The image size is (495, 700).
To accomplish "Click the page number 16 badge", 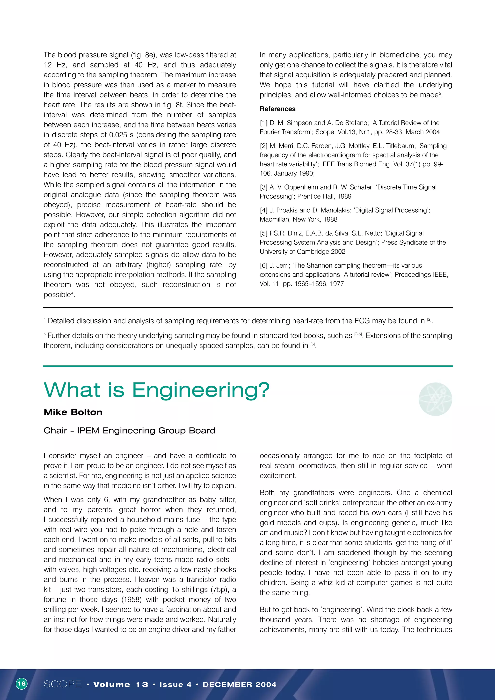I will point(21,683).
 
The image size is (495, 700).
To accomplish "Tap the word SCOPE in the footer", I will point(63,684).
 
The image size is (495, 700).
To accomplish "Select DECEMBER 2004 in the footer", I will point(240,685).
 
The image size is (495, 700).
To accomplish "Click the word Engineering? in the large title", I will point(201,390).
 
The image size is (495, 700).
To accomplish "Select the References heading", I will point(277,109).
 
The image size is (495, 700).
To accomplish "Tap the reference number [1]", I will point(263,123).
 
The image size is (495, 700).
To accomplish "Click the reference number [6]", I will point(263,265).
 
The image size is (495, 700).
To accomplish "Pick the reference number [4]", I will point(263,210).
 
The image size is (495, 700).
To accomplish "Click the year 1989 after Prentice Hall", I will point(344,196).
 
